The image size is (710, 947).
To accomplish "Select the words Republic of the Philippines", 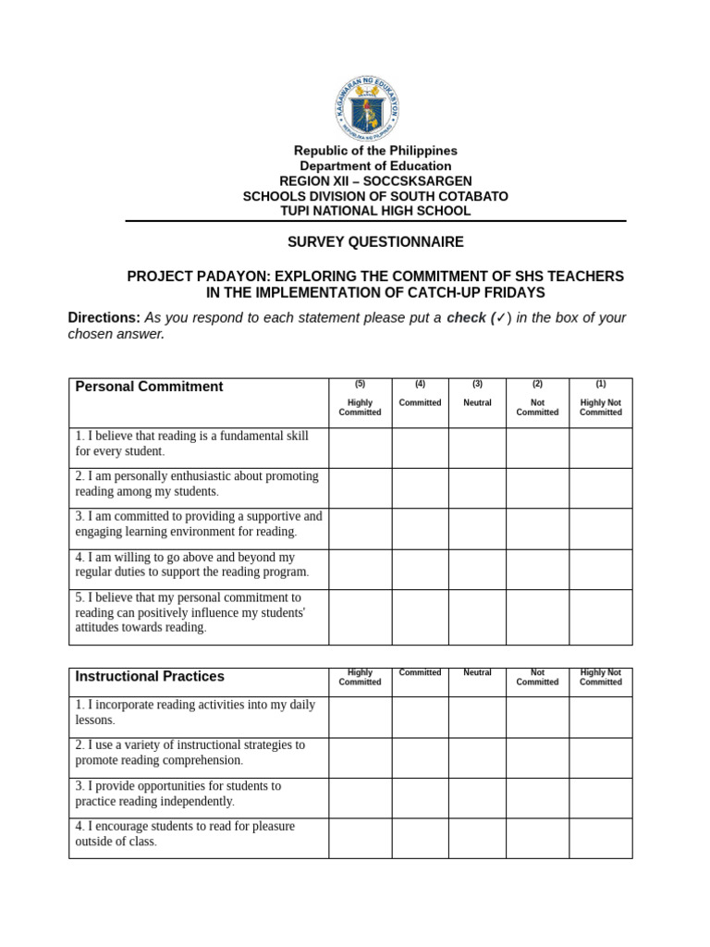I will [x=375, y=151].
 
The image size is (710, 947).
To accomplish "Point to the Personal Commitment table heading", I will [x=150, y=387].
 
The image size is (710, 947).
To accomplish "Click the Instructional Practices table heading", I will [x=150, y=677].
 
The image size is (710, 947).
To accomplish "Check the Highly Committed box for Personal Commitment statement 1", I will [x=360, y=448].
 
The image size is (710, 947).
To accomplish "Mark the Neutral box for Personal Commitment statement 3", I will [x=477, y=529].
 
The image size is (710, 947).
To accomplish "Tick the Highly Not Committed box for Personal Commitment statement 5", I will [x=600, y=617].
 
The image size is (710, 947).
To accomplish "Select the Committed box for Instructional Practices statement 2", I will [x=420, y=757].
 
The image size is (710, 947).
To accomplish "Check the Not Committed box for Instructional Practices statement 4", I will [x=537, y=839].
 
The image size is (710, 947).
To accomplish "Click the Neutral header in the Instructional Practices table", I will [x=477, y=673].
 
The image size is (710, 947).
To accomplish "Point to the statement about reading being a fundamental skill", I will [x=192, y=443].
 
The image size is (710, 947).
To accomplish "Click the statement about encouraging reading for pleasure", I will [x=185, y=834].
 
